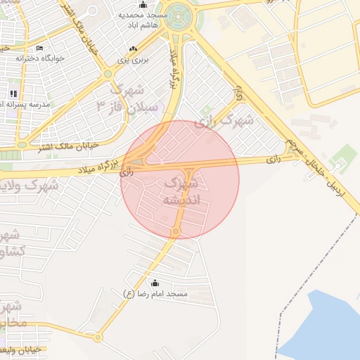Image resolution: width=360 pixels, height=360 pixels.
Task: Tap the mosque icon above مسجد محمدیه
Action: coord(143,5)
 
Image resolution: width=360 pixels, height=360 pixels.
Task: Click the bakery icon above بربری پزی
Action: coord(133,48)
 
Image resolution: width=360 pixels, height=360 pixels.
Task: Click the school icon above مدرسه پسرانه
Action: coord(13,94)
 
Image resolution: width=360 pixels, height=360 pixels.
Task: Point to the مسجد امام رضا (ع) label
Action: coord(155,293)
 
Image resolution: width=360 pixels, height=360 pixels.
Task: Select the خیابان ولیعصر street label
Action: coord(21,349)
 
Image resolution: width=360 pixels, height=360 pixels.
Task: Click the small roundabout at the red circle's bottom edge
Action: coord(176,231)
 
